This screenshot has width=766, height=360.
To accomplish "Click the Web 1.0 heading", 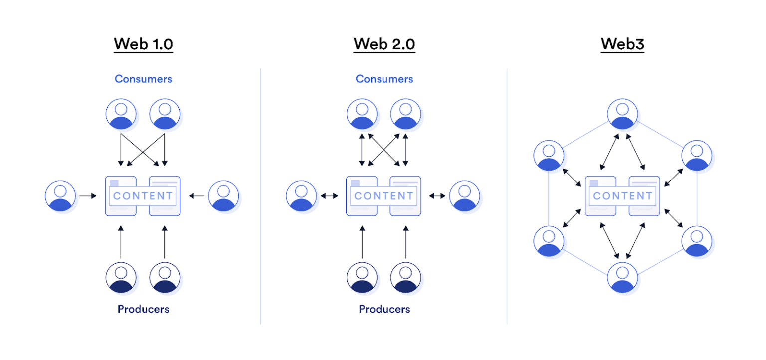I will [143, 44].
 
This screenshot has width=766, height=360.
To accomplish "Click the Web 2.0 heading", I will [384, 44].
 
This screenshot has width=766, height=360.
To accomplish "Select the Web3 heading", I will [622, 44].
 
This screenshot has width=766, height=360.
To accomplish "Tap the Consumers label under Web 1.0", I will [143, 79].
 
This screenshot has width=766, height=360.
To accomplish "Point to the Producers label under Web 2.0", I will [384, 309].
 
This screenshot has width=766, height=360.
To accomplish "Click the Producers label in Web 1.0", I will [143, 309].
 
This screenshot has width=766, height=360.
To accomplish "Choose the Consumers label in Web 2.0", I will [384, 79].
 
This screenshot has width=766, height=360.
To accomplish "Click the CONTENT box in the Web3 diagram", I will [622, 196].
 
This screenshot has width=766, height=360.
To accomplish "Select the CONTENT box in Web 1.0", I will [143, 196].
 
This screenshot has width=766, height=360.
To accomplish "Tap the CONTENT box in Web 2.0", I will [383, 196].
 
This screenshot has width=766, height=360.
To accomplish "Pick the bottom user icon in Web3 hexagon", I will [622, 278].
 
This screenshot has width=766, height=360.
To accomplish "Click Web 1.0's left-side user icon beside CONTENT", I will [60, 196].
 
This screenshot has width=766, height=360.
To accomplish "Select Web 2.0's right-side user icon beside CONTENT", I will [464, 196].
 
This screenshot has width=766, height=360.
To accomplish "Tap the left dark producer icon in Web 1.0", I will [121, 278].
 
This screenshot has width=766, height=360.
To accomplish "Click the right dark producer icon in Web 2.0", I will [405, 278].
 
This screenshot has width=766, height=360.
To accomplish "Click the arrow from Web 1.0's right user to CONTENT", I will [197, 196].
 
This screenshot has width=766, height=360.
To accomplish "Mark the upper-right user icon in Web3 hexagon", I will [697, 156].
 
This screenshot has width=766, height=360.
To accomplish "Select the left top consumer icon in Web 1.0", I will [121, 114].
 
